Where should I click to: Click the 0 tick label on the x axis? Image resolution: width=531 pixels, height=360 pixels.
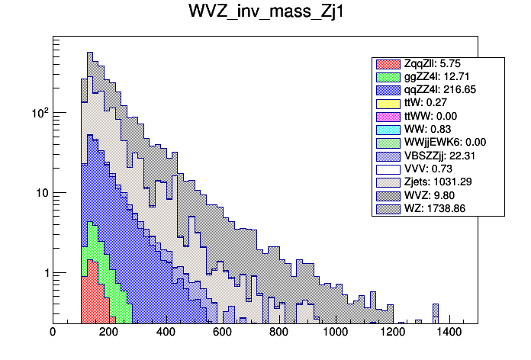coord(53,332)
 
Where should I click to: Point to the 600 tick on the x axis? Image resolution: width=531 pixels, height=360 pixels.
coord(222,332)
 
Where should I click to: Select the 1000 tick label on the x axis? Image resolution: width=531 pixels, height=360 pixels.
coord(335,332)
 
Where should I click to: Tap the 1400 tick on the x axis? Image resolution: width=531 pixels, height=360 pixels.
coord(448,332)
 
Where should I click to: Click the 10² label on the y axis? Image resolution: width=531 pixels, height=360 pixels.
coord(38,112)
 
